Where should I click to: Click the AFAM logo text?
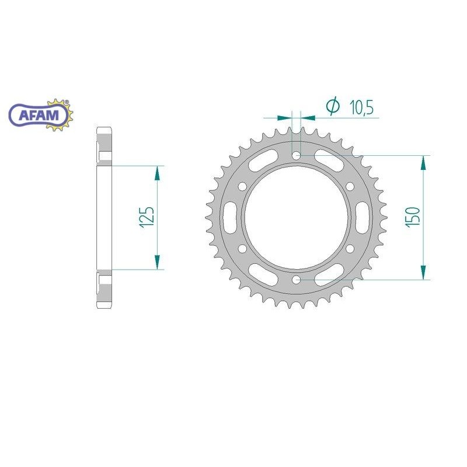coord(39,115)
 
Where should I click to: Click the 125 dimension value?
coord(148,217)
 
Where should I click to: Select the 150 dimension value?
coord(413,217)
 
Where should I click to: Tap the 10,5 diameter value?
coord(361,107)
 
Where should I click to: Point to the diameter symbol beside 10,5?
coord(333,106)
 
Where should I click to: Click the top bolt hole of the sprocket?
coord(297,155)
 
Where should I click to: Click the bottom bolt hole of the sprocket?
coord(297,280)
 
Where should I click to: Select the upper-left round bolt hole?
coord(242,186)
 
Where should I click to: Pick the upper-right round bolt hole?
coord(350,186)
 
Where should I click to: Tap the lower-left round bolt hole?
coord(242,249)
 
